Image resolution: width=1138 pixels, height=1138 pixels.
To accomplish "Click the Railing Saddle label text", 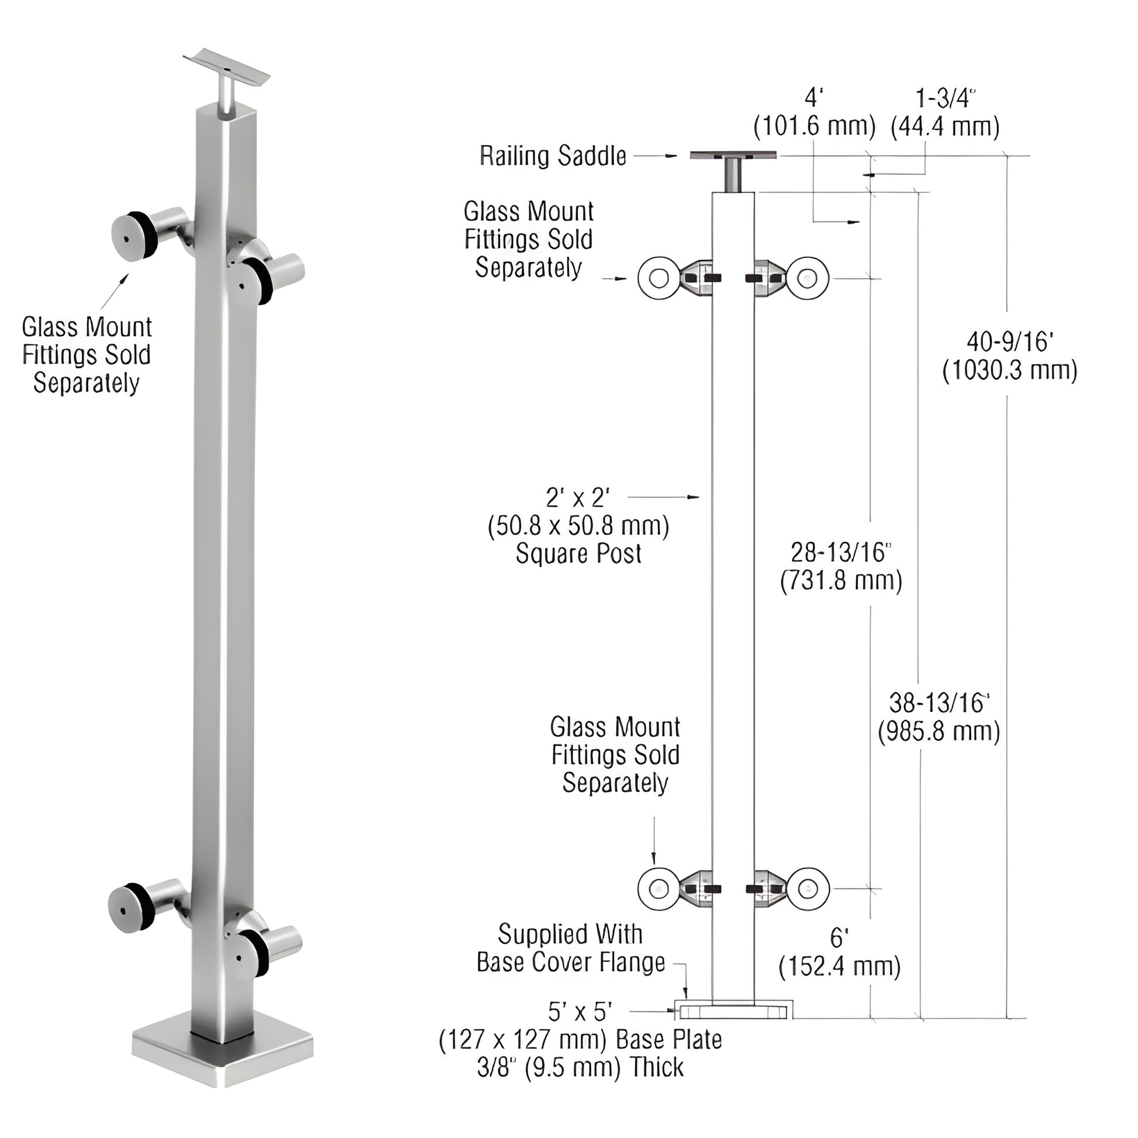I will [x=553, y=156].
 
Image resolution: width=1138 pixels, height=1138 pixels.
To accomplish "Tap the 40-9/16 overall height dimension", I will [x=1009, y=342].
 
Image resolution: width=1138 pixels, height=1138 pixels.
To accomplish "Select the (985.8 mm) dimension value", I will [x=939, y=732].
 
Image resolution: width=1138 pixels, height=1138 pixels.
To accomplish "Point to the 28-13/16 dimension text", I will [x=840, y=553].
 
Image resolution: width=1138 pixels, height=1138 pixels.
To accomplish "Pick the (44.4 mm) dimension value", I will [x=945, y=127].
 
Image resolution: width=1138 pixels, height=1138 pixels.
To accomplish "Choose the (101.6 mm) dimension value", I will [x=815, y=127].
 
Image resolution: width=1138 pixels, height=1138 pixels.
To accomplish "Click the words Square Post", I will [x=578, y=554].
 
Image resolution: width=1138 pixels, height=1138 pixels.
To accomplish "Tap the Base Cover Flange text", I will [x=570, y=963].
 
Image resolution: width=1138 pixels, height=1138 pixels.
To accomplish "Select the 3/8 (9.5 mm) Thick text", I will [x=580, y=1067].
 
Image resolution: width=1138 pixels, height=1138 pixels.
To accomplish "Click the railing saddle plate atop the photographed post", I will [x=227, y=66].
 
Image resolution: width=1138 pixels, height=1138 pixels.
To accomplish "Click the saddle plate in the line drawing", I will [x=733, y=156].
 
